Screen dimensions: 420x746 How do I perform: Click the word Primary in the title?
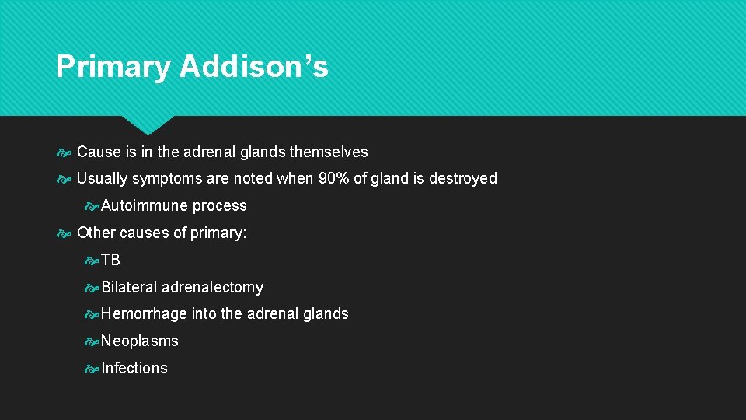pos(113,67)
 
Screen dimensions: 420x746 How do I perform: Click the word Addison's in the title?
pos(254,67)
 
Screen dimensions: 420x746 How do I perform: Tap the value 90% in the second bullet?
pos(334,178)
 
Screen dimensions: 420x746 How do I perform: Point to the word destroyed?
pos(462,178)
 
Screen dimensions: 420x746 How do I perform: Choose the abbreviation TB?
pos(111,260)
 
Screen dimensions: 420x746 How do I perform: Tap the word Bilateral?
pos(129,287)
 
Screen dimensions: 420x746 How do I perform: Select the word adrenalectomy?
pos(213,287)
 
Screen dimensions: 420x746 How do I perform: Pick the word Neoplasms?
pos(140,341)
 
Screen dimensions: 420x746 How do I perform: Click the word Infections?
pos(134,368)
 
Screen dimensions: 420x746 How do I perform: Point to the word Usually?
pos(103,178)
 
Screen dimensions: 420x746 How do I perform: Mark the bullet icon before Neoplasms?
pos(92,341)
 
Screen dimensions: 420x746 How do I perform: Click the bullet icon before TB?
pos(92,261)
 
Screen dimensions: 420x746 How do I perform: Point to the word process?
pos(220,205)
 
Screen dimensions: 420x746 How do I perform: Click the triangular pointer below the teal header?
pos(148,124)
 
